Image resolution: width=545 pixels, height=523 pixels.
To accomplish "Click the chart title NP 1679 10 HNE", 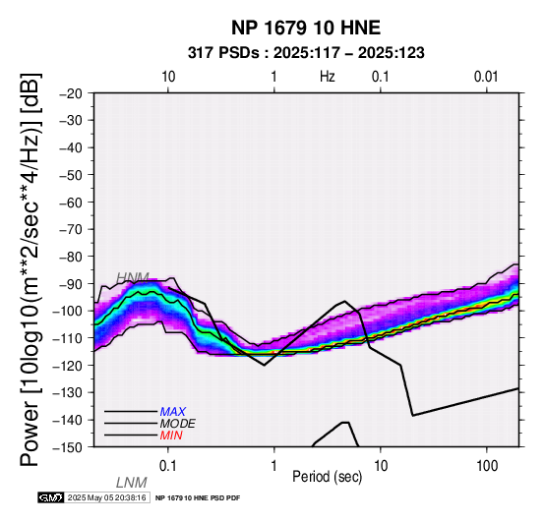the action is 306,28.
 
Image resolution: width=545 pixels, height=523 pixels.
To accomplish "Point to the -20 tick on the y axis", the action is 71,93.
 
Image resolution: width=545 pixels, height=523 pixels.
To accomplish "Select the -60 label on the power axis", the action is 71,203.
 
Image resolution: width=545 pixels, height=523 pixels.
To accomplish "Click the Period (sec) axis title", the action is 327,477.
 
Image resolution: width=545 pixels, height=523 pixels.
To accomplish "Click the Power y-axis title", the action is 30,269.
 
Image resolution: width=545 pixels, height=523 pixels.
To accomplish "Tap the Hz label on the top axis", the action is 327,77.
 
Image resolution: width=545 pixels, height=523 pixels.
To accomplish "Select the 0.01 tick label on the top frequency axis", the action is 486,77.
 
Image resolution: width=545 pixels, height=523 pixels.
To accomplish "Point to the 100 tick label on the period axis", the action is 487,466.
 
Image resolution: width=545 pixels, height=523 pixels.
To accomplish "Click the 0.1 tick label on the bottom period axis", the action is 168,466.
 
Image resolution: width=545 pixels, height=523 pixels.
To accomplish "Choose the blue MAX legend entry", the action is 173,412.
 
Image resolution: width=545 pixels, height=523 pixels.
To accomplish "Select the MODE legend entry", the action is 178,424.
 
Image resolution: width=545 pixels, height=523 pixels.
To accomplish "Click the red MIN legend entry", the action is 171,436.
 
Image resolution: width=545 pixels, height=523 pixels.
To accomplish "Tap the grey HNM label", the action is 133,277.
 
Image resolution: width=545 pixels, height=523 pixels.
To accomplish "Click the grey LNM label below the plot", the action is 132,483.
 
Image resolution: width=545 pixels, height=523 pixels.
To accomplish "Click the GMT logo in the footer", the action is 51,497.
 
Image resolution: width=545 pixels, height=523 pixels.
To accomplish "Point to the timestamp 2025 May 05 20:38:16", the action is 106,498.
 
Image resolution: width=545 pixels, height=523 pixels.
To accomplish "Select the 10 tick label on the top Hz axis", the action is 168,77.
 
